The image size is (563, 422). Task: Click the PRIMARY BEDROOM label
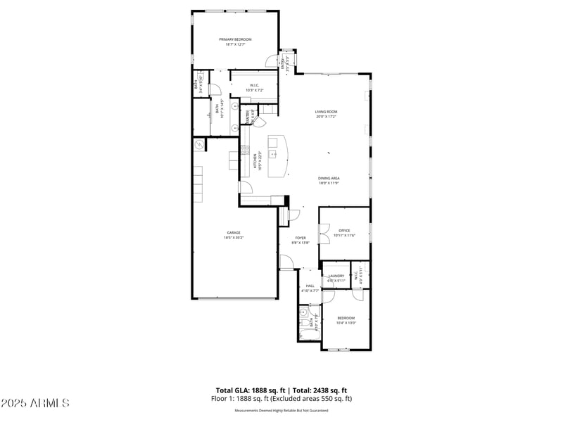pyautogui.click(x=235, y=39)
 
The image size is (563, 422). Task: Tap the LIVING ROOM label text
pyautogui.click(x=326, y=112)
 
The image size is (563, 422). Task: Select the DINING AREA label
pyautogui.click(x=329, y=179)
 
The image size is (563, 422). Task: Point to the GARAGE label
pyautogui.click(x=233, y=232)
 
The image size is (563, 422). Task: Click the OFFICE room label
pyautogui.click(x=344, y=230)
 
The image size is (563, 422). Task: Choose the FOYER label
pyautogui.click(x=301, y=238)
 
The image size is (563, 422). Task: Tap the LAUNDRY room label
pyautogui.click(x=336, y=276)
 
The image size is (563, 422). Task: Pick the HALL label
pyautogui.click(x=310, y=285)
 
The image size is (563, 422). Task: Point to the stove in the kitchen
pyautogui.click(x=244, y=149)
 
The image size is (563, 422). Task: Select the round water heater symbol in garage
pyautogui.click(x=199, y=145)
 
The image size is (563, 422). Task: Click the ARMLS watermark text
pyautogui.click(x=34, y=404)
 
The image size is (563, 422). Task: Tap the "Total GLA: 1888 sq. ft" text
pyautogui.click(x=250, y=390)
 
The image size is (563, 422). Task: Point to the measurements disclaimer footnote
pyautogui.click(x=281, y=410)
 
